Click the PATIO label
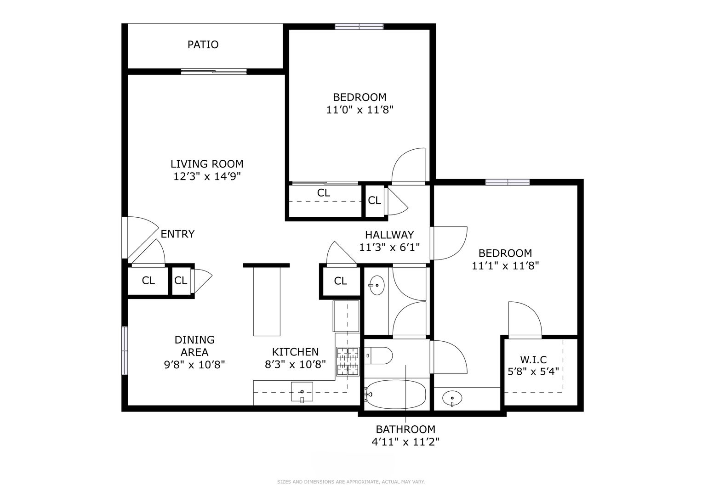(x=203, y=45)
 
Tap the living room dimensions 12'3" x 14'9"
(x=207, y=177)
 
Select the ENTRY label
(x=177, y=234)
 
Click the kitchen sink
(x=302, y=391)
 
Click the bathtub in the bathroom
(x=396, y=395)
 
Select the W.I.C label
(x=533, y=359)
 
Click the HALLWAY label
(x=389, y=235)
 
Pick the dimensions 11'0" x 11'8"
(x=360, y=110)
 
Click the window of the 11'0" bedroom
(x=359, y=27)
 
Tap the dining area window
(x=125, y=350)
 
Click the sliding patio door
(x=214, y=72)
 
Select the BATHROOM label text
(x=405, y=429)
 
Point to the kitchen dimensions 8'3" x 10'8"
(x=295, y=365)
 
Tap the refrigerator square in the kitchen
(x=346, y=316)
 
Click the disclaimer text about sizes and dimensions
(x=351, y=482)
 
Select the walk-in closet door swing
(x=525, y=320)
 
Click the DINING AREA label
(x=194, y=346)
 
